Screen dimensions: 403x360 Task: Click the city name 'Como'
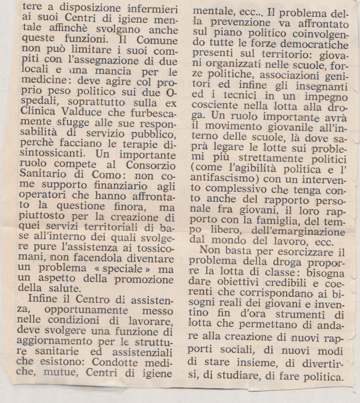[x=124, y=192]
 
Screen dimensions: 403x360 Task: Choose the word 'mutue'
[x=58, y=380]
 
